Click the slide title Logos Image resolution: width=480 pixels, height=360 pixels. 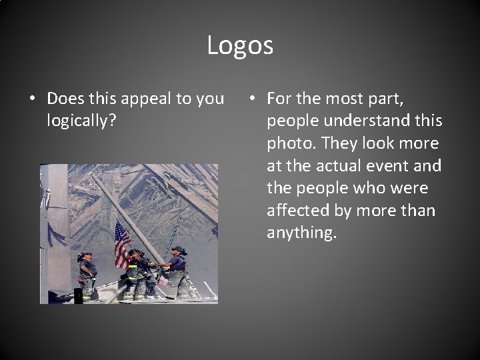tap(240, 45)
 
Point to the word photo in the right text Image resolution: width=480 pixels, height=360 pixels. tap(289, 144)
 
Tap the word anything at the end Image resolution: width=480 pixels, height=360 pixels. tap(300, 233)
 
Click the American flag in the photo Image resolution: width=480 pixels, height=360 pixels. tap(123, 243)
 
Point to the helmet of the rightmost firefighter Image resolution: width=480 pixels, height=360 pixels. tap(177, 250)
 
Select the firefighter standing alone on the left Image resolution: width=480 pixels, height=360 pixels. tap(87, 275)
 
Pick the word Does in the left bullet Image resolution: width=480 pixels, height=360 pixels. tap(66, 99)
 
